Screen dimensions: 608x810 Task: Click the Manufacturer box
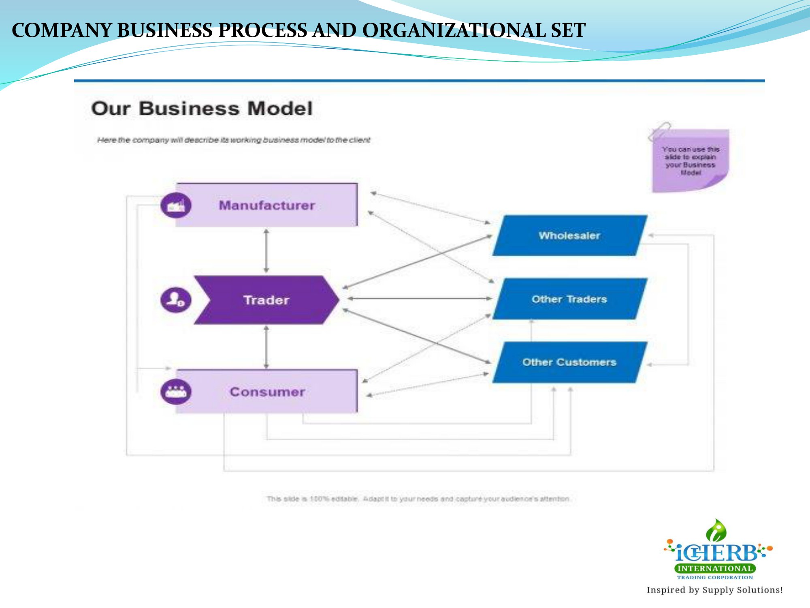pyautogui.click(x=267, y=205)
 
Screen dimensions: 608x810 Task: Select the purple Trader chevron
pyautogui.click(x=266, y=300)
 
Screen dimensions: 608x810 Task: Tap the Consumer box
pyautogui.click(x=267, y=392)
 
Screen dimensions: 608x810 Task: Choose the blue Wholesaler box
pyautogui.click(x=569, y=235)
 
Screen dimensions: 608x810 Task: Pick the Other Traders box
pyautogui.click(x=569, y=299)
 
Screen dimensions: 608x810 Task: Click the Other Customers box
pyautogui.click(x=569, y=362)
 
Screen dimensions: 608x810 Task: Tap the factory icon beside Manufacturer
pyautogui.click(x=176, y=205)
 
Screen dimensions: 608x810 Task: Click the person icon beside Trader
pyautogui.click(x=176, y=300)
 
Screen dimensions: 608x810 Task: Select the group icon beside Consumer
pyautogui.click(x=176, y=392)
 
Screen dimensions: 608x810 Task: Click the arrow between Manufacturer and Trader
pyautogui.click(x=266, y=251)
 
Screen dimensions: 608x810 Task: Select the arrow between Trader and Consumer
pyautogui.click(x=266, y=347)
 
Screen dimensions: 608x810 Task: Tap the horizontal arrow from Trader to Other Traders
pyautogui.click(x=419, y=299)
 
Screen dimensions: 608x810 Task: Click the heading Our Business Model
pyautogui.click(x=202, y=109)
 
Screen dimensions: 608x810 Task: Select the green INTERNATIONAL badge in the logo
pyautogui.click(x=715, y=568)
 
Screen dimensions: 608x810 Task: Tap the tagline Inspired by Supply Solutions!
pyautogui.click(x=714, y=590)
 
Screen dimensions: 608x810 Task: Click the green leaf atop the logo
pyautogui.click(x=716, y=530)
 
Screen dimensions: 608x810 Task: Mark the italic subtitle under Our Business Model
pyautogui.click(x=233, y=140)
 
